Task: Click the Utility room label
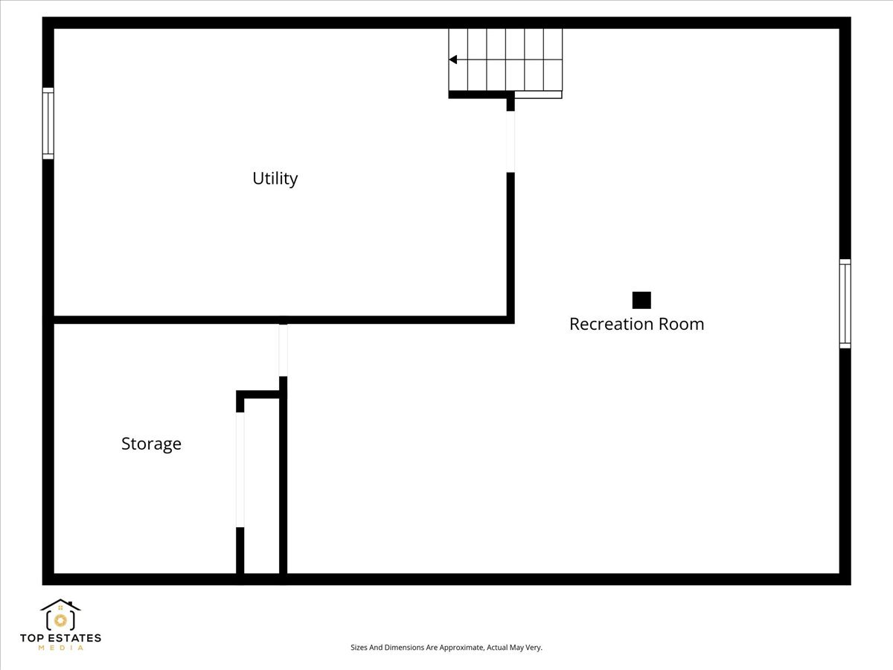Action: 275,179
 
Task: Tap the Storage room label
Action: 151,444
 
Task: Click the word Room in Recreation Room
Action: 682,325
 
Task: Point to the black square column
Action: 641,300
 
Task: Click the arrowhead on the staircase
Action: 452,60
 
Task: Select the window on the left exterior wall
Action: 48,124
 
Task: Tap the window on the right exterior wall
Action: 845,304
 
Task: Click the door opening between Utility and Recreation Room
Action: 510,141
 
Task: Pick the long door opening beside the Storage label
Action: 240,470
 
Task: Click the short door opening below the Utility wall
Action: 284,350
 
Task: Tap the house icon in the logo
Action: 60,615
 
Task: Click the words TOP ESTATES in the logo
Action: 60,638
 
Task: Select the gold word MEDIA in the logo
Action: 60,648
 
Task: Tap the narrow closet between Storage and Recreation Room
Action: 262,485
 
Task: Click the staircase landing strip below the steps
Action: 538,95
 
